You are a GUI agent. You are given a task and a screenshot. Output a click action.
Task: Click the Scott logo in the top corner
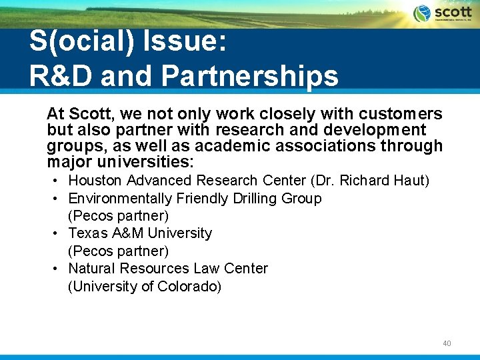(x=442, y=14)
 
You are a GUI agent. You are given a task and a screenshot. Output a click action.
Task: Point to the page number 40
(x=447, y=343)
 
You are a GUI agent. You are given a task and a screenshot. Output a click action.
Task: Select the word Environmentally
(x=120, y=199)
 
